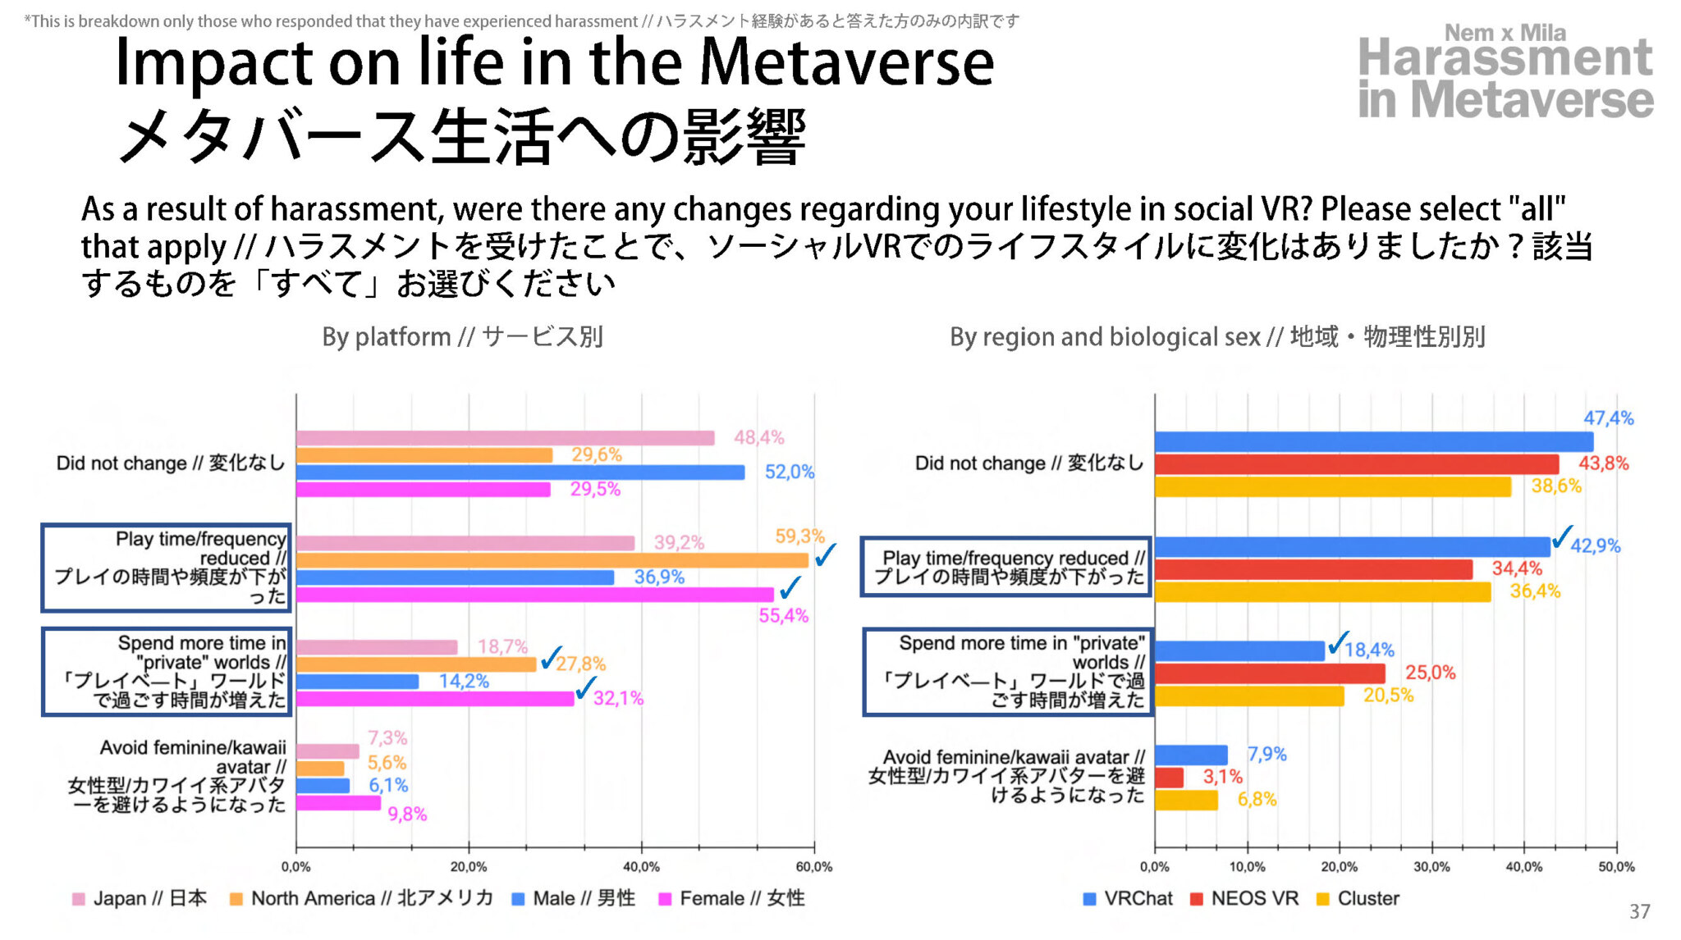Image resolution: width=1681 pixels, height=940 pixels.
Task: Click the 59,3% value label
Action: pos(799,536)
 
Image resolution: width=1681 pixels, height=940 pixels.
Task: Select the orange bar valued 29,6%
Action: pos(424,455)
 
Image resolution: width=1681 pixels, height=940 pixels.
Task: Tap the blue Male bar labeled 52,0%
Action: pos(520,472)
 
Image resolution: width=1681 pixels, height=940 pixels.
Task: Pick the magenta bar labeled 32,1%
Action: pos(435,699)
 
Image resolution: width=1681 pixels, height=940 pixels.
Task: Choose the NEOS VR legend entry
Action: pos(1244,899)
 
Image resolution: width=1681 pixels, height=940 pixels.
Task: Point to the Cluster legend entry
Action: pos(1358,899)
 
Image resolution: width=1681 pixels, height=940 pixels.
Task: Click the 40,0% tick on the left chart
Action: pos(641,867)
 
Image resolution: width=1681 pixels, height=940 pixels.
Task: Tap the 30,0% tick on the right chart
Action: pos(1431,867)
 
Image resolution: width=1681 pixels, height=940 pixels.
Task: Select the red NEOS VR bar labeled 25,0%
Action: pos(1269,673)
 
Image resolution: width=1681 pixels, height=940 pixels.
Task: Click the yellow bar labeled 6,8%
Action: pos(1186,801)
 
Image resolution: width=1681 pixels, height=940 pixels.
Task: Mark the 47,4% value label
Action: pos(1608,418)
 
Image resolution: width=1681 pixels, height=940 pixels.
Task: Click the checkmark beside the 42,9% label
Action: pos(1562,536)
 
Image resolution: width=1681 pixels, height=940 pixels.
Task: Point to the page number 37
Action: pos(1639,911)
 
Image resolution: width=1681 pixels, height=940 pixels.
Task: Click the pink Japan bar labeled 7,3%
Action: pos(327,751)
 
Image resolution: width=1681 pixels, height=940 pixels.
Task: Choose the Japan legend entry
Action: pos(140,899)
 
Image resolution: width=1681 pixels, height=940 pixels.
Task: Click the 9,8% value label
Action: pos(407,815)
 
